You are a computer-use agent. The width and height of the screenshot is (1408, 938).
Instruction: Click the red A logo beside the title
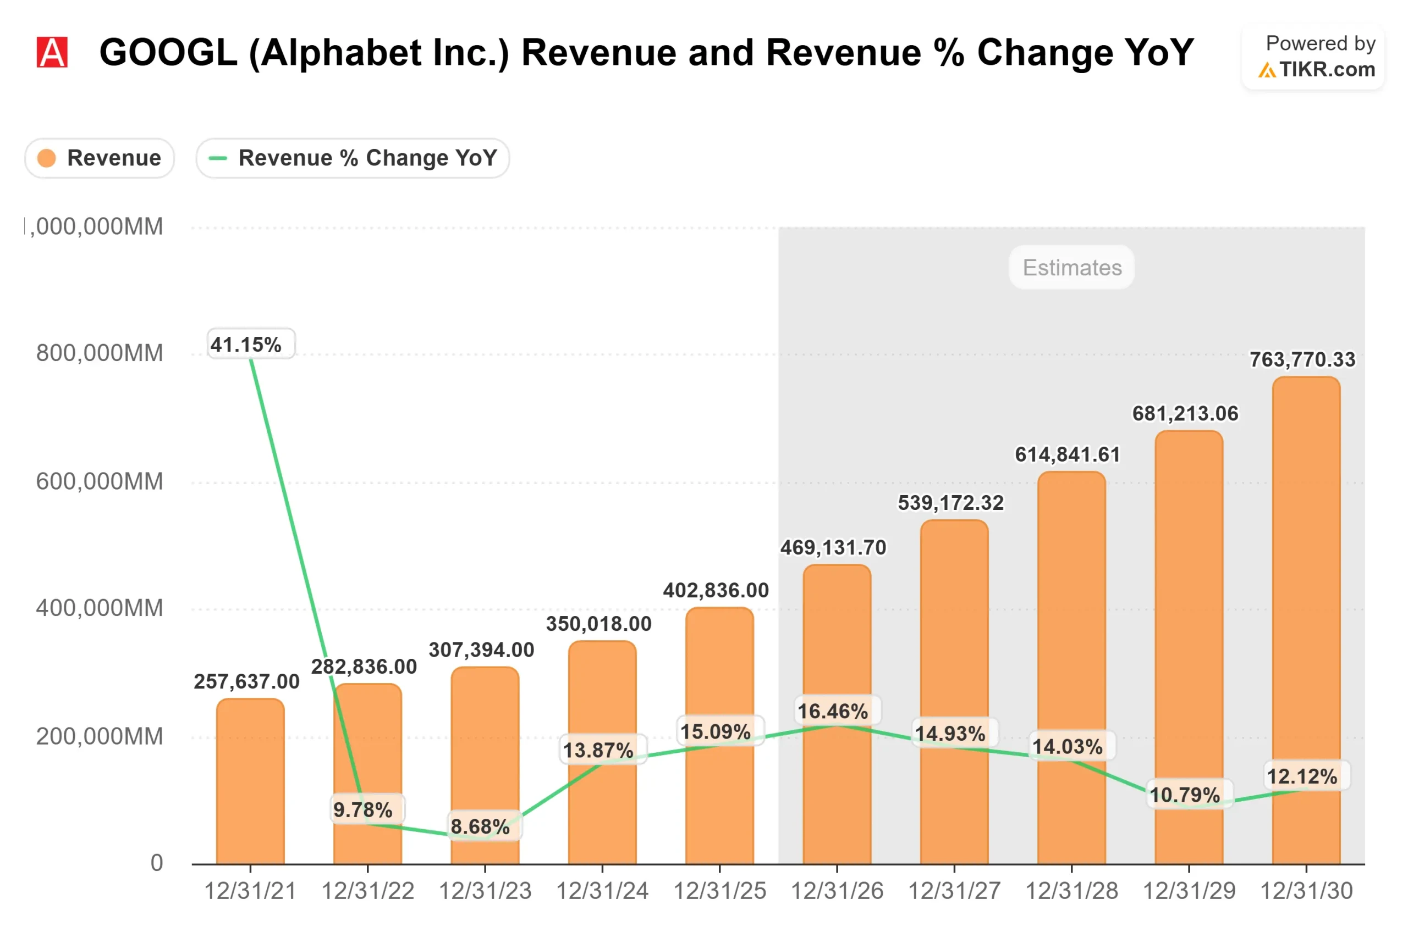(52, 52)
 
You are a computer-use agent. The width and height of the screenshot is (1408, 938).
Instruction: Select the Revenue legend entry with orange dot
(100, 158)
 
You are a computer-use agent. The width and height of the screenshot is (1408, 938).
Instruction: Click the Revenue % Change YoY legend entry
(353, 158)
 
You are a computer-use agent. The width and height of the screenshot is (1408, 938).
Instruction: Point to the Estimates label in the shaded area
(1071, 268)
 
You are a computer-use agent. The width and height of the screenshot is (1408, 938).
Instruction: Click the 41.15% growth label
(246, 345)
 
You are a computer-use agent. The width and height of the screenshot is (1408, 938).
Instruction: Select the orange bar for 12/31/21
(250, 784)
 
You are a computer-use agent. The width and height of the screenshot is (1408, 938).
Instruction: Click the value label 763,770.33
(1302, 359)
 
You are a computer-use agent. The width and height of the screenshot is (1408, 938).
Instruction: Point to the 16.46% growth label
(833, 711)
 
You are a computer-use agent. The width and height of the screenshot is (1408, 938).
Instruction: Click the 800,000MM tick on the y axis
(100, 353)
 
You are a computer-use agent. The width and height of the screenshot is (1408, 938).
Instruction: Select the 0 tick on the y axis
(157, 863)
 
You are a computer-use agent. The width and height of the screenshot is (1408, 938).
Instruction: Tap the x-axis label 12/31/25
(719, 891)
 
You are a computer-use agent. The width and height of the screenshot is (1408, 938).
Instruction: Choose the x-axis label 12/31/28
(1071, 891)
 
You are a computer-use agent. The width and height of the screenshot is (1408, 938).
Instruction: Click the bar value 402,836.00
(716, 590)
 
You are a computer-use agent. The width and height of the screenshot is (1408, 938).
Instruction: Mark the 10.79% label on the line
(1185, 795)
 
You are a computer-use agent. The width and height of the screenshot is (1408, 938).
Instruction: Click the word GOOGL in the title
(168, 53)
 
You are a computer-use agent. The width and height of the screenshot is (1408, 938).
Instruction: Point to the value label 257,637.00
(246, 681)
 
